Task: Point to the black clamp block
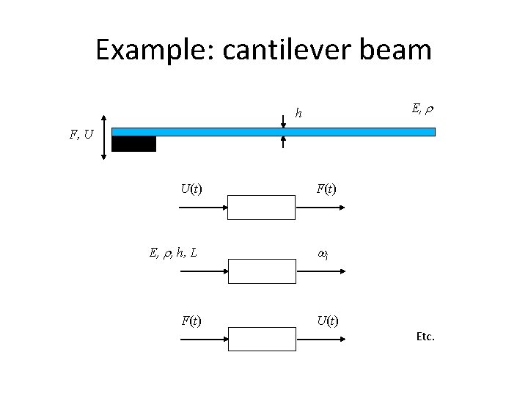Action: (133, 144)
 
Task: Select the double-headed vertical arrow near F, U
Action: (104, 136)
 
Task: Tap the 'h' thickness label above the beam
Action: (298, 113)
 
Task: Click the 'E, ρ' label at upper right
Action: (421, 109)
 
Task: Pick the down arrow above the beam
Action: (284, 119)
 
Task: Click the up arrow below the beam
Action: (284, 144)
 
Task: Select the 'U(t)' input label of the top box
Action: (191, 189)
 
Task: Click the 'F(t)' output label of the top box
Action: (327, 190)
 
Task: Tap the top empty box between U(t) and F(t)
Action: (261, 208)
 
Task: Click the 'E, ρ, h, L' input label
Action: (173, 254)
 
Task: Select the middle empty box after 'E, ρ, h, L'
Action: (261, 271)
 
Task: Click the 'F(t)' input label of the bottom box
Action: (192, 320)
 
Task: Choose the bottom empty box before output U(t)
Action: (261, 337)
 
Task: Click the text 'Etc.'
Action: (425, 337)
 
